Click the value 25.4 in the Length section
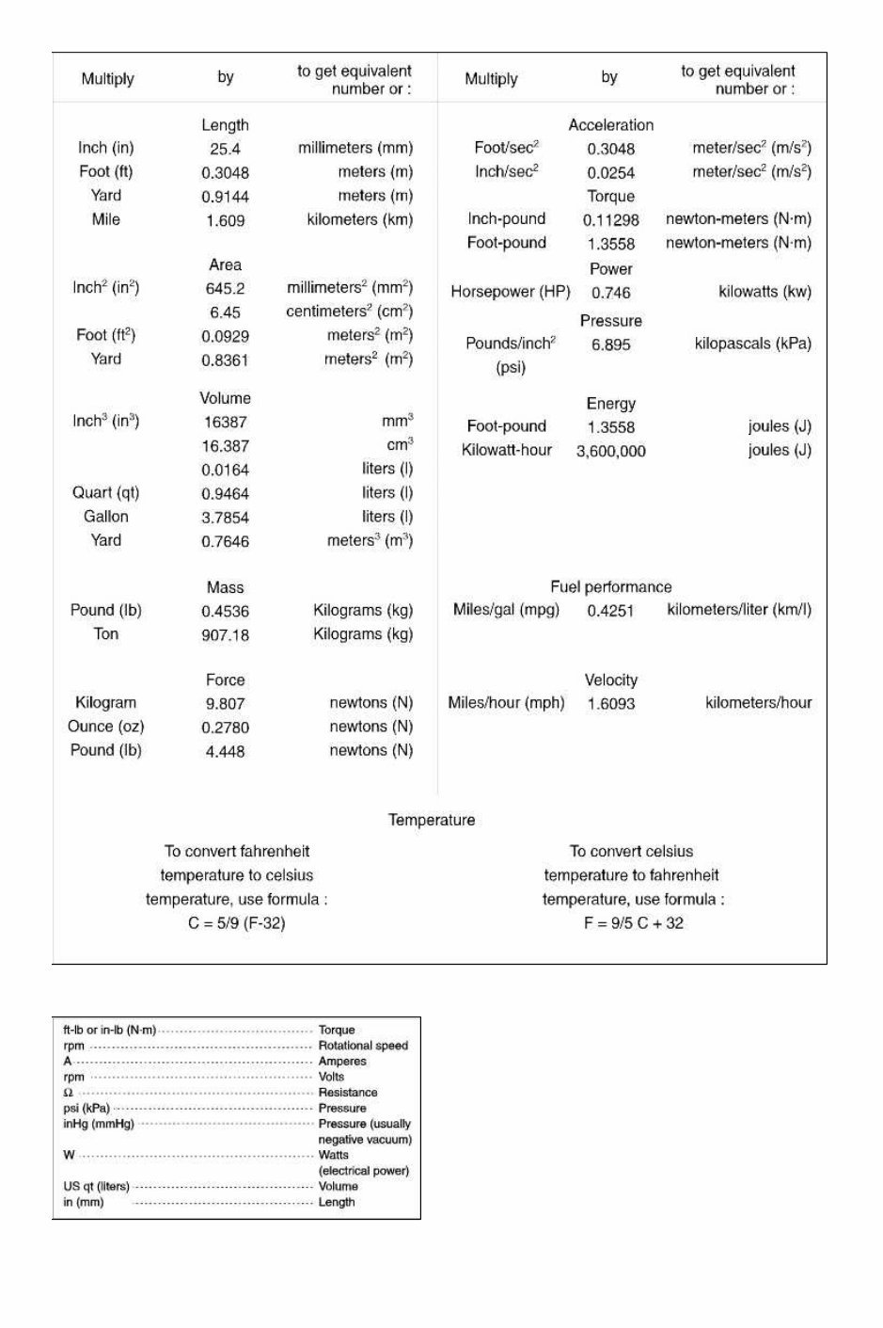(x=225, y=149)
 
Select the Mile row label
(x=105, y=219)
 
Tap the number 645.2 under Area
(x=225, y=289)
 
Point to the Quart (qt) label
(x=105, y=492)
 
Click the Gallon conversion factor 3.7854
(x=225, y=518)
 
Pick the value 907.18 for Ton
(x=225, y=635)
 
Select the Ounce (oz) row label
(x=105, y=727)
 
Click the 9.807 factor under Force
(x=225, y=704)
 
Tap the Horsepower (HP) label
(x=510, y=292)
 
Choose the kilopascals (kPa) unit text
(x=752, y=344)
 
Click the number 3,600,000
(x=610, y=452)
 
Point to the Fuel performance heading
(x=610, y=587)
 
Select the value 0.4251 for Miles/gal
(x=610, y=611)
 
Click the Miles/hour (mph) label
(x=506, y=703)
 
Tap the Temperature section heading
(x=432, y=821)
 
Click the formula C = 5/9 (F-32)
(x=236, y=923)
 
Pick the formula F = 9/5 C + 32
(x=633, y=923)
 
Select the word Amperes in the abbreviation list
(x=342, y=1061)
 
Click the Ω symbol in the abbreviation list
(x=68, y=1093)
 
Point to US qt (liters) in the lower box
(x=96, y=1186)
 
